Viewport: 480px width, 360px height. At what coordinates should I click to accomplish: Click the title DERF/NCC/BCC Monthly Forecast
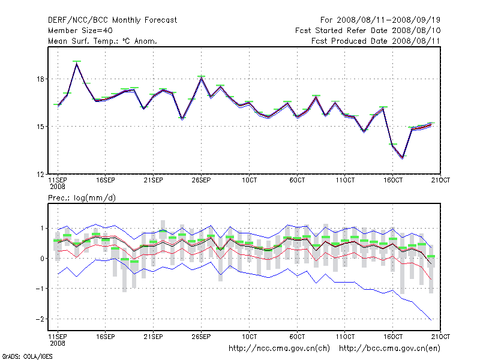(112, 20)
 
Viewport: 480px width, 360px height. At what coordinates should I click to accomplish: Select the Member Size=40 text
(80, 31)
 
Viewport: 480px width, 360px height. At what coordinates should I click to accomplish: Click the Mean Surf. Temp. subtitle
(102, 41)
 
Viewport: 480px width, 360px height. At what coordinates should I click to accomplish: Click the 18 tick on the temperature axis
(39, 79)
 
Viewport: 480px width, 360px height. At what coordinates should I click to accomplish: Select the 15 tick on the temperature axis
(39, 127)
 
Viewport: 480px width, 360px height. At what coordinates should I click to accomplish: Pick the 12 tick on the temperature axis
(39, 174)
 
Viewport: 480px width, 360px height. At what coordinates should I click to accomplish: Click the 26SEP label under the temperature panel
(201, 180)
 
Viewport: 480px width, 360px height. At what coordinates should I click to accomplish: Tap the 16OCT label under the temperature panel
(393, 180)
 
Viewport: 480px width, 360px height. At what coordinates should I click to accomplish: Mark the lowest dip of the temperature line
(403, 158)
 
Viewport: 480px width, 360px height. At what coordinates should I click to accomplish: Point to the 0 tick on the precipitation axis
(41, 259)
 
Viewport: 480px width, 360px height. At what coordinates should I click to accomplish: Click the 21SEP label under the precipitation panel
(153, 336)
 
